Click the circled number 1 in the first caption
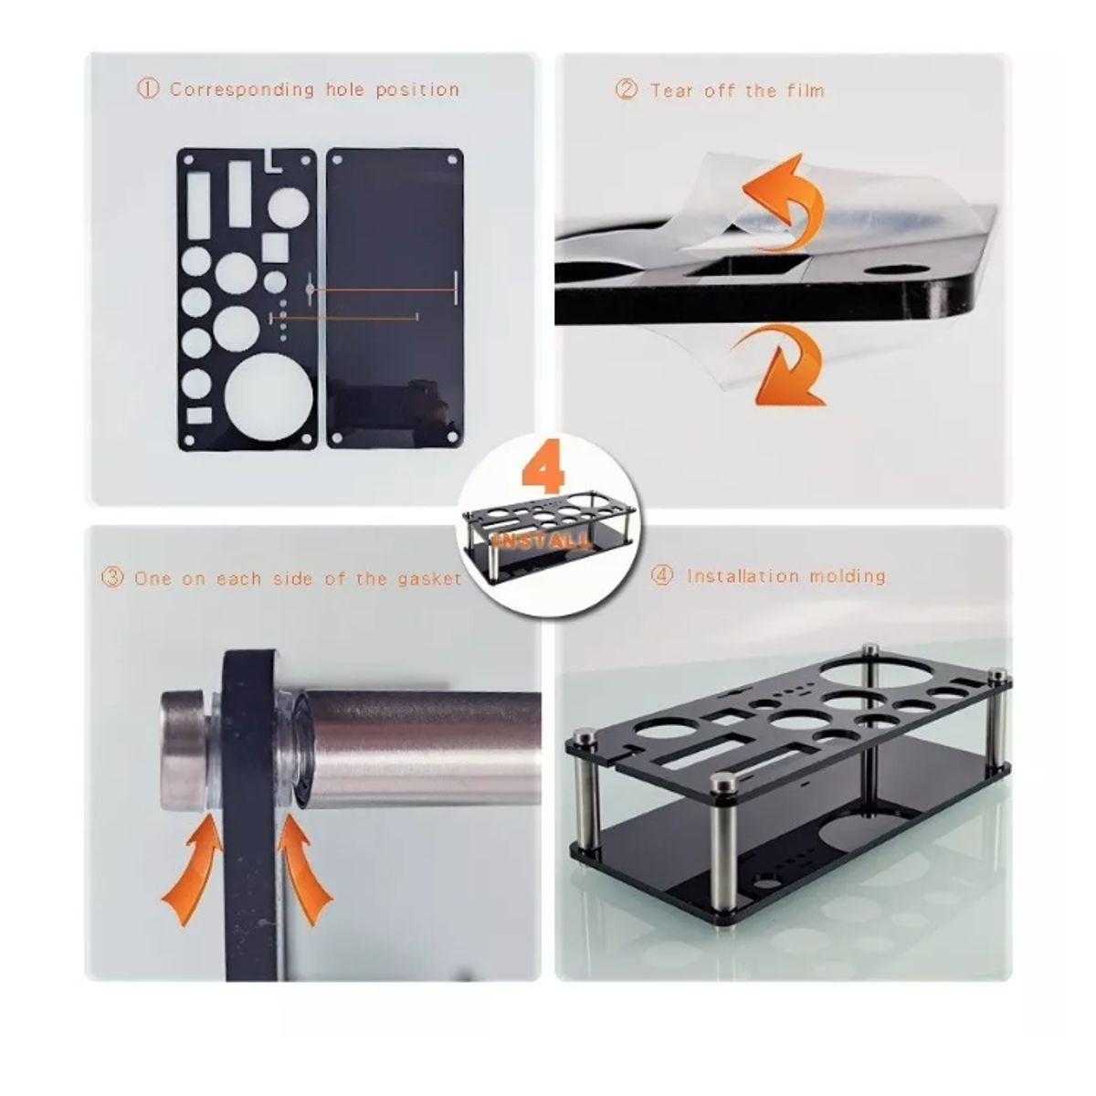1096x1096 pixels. click(x=148, y=90)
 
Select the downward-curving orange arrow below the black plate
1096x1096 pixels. click(x=783, y=367)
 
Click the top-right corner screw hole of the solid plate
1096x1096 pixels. click(x=453, y=160)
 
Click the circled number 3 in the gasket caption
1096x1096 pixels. click(x=112, y=578)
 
